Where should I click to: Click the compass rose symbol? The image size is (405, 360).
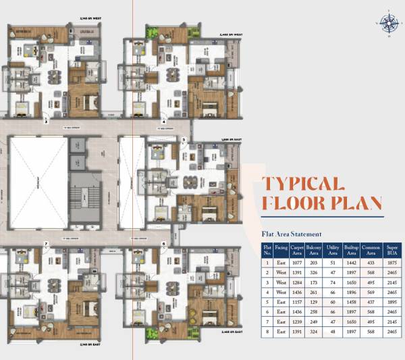click(x=389, y=24)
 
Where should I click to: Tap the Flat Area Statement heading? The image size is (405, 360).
click(x=291, y=234)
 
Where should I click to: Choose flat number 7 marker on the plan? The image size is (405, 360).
click(x=46, y=242)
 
